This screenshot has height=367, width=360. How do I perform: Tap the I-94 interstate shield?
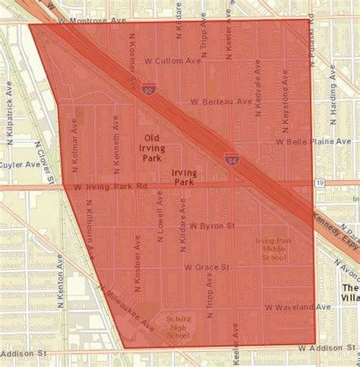point(232,158)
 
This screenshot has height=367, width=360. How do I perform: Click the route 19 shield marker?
point(320,184)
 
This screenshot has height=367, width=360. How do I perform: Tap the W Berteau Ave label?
point(220,101)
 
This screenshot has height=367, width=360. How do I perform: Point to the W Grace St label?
point(207,267)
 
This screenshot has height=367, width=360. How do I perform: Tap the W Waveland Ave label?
point(298,306)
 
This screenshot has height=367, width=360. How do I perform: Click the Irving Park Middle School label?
point(271,248)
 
